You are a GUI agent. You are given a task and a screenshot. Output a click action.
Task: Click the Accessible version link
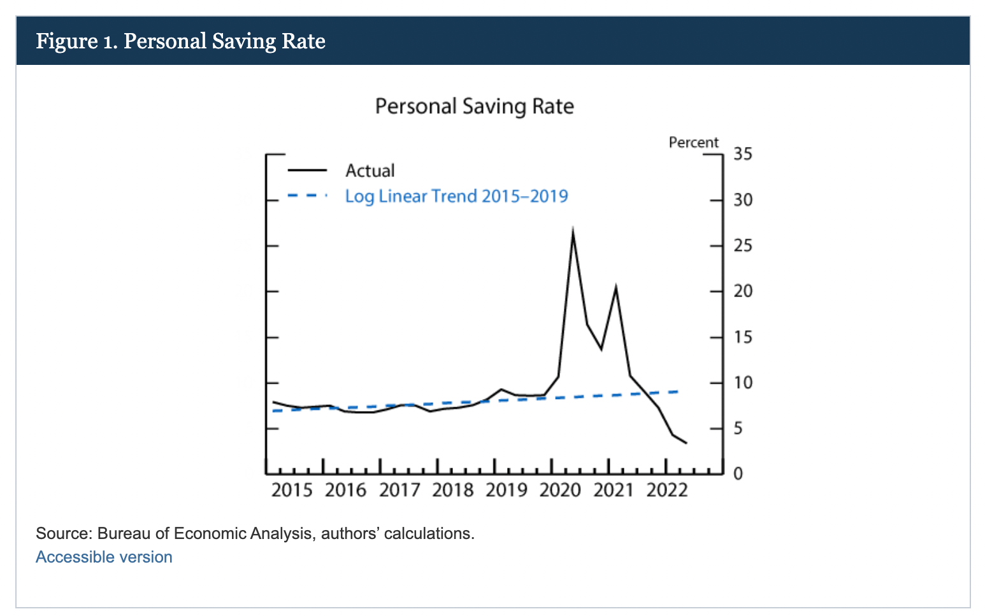tap(104, 557)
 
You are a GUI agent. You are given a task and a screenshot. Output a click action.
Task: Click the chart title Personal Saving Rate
tap(474, 106)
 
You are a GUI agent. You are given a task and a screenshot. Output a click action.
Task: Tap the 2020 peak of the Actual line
tap(573, 231)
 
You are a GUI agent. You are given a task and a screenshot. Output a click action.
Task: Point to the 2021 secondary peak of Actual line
tap(615, 288)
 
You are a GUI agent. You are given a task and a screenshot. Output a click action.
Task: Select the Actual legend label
tap(370, 171)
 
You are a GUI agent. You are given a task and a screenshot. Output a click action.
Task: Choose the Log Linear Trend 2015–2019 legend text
tap(456, 196)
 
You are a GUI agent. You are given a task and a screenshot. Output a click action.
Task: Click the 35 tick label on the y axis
tap(743, 154)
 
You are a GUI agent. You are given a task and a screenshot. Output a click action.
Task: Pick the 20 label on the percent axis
tap(743, 291)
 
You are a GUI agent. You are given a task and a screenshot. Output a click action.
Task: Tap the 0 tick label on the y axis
tap(738, 474)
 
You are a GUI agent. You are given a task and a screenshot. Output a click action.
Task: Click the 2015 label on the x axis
tap(292, 490)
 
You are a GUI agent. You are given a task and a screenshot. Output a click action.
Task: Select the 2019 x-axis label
tap(507, 490)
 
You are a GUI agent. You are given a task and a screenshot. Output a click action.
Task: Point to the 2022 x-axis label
tap(667, 490)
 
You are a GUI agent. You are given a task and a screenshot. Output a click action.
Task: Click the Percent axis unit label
tap(693, 143)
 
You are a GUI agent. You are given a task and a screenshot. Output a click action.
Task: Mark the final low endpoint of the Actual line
tap(686, 443)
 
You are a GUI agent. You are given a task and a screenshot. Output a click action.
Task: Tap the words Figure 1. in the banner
tap(76, 41)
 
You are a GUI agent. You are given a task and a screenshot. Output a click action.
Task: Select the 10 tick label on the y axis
tap(743, 383)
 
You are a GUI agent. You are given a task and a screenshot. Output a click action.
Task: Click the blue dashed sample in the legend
tap(307, 195)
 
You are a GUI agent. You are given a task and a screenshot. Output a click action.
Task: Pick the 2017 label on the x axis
tap(399, 490)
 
